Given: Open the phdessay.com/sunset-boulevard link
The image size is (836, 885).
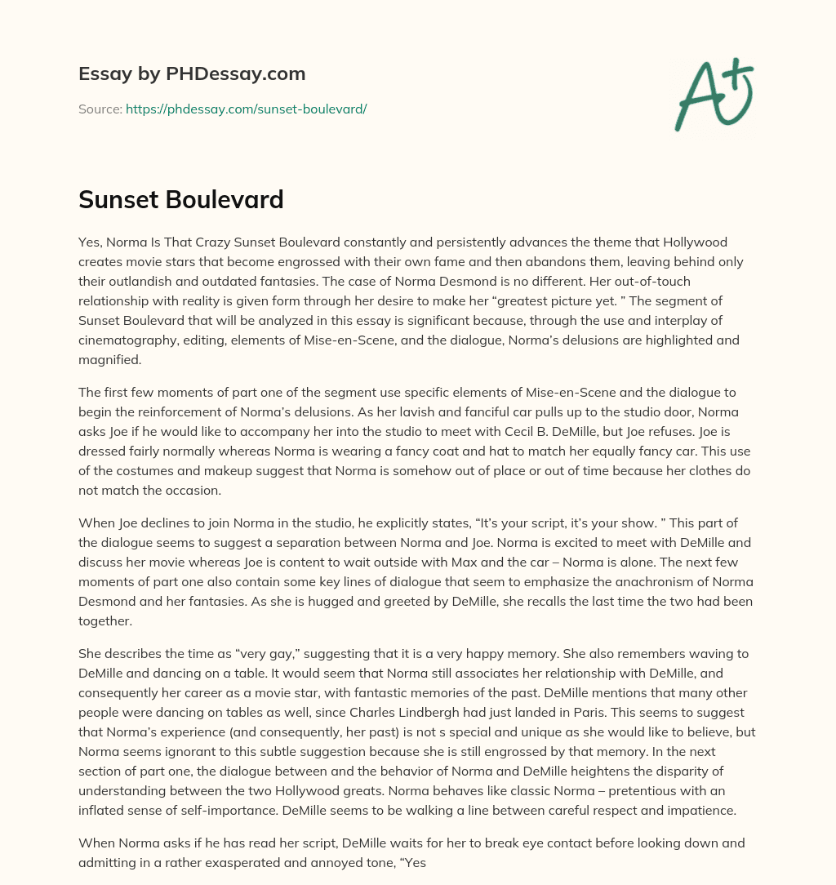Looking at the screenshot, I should pyautogui.click(x=246, y=109).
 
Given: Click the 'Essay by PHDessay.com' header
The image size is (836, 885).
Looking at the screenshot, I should pyautogui.click(x=192, y=73).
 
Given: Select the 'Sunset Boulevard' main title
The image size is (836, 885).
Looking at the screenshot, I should pyautogui.click(x=181, y=199).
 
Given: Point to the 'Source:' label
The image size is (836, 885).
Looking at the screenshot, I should pyautogui.click(x=100, y=109).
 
